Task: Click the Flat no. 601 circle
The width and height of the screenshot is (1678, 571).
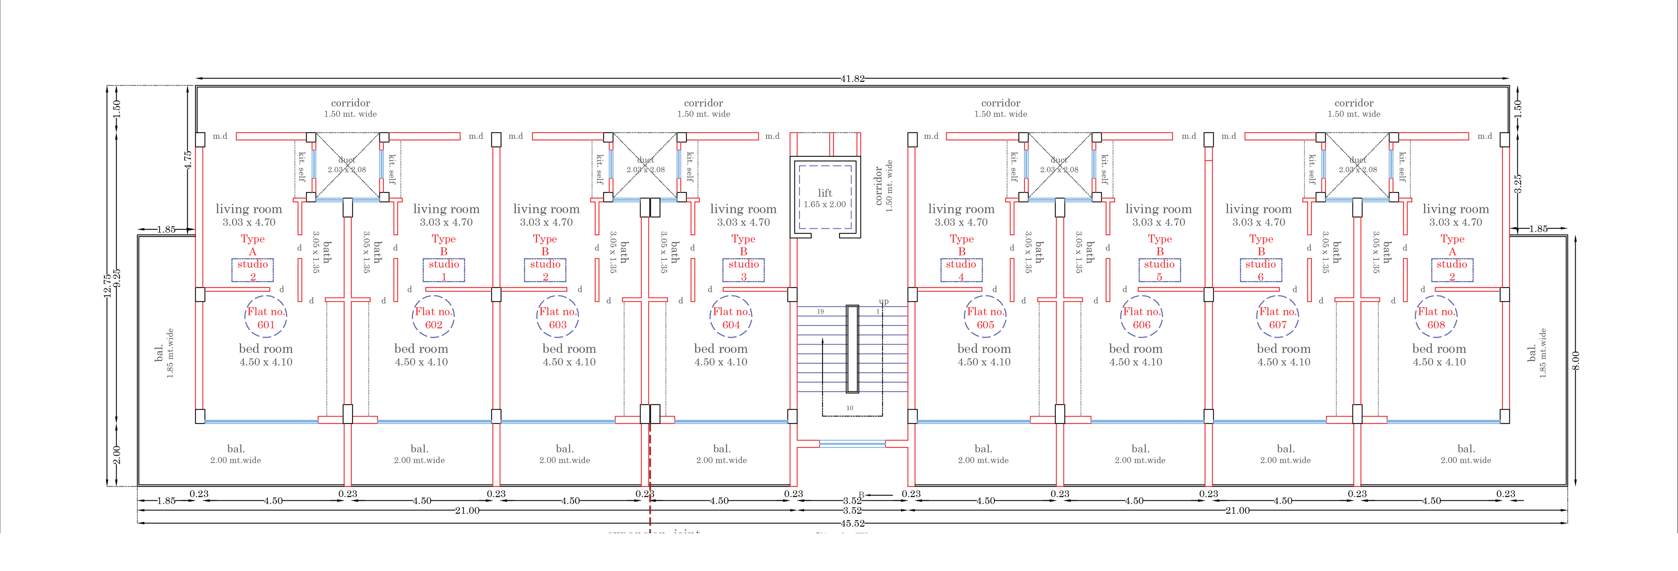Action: pyautogui.click(x=266, y=318)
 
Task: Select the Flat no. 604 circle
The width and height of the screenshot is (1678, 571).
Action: pyautogui.click(x=731, y=318)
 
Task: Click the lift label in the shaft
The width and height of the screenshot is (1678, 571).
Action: pyautogui.click(x=825, y=193)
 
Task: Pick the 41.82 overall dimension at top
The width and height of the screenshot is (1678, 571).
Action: pyautogui.click(x=852, y=79)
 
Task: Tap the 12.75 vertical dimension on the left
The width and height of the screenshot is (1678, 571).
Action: pyautogui.click(x=107, y=285)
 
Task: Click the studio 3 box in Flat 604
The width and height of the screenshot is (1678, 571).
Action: pyautogui.click(x=743, y=270)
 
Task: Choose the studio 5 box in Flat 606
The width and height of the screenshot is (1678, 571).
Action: pyautogui.click(x=1160, y=270)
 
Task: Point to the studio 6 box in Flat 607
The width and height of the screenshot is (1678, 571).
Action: pyautogui.click(x=1260, y=270)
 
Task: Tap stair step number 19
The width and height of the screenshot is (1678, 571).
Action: pyautogui.click(x=820, y=312)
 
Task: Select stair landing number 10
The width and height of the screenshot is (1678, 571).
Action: pyautogui.click(x=849, y=408)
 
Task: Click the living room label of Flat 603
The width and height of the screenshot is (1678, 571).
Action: pyautogui.click(x=546, y=209)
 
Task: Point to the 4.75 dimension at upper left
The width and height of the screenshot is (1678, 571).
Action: pyautogui.click(x=188, y=160)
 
